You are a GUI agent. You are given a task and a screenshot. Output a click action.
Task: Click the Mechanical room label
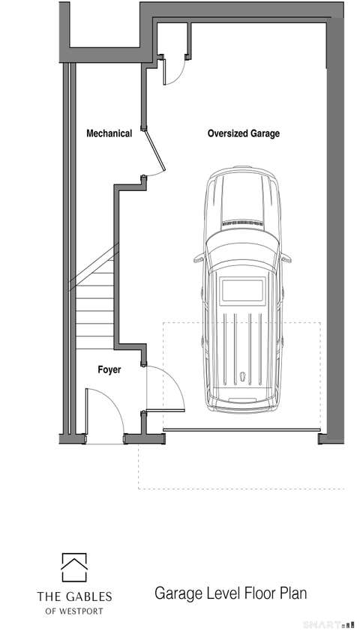tap(109, 133)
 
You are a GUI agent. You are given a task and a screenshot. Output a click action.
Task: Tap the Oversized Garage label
tap(244, 133)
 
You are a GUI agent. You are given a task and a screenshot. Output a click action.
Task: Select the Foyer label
tap(109, 369)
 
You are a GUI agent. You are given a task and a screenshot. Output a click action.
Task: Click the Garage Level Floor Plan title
tap(230, 594)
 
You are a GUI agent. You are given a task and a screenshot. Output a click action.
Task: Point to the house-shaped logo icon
tap(74, 567)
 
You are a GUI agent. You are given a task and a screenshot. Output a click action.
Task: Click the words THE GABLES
tap(74, 597)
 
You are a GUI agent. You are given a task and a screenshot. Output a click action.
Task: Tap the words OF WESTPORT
tap(74, 611)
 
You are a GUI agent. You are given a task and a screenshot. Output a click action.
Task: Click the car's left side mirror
tap(199, 258)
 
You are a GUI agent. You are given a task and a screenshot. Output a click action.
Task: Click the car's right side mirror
tap(286, 258)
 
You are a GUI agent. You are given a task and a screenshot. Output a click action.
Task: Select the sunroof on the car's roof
tap(243, 289)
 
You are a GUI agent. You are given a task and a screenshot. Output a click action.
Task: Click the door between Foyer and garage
tap(166, 411)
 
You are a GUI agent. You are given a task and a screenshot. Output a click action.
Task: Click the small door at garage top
tap(164, 71)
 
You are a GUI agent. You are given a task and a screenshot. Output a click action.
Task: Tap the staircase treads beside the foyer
tap(94, 311)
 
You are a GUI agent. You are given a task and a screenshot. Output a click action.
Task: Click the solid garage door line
tap(241, 430)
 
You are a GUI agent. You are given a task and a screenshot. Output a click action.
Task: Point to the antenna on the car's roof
tap(242, 377)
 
